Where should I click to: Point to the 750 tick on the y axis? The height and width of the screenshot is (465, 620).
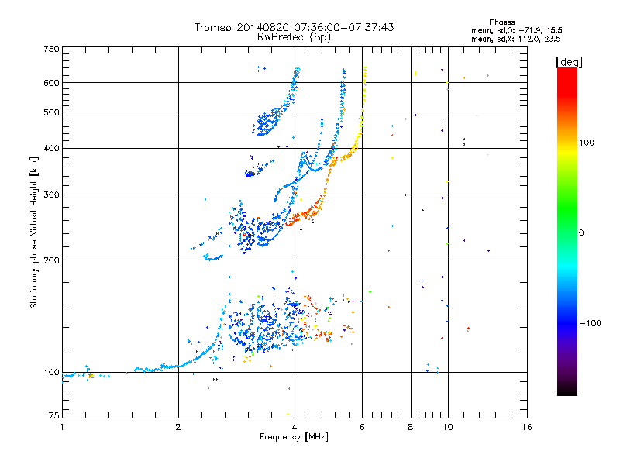point(51,49)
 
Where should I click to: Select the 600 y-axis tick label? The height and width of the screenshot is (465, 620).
point(51,83)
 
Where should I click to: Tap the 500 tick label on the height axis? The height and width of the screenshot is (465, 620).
point(51,112)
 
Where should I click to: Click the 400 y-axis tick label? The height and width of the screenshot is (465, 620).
point(51,148)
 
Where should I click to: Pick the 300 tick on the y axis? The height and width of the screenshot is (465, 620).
point(51,195)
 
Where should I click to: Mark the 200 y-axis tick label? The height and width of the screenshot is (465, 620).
point(51,260)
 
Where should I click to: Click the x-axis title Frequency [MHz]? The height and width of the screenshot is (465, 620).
point(294,438)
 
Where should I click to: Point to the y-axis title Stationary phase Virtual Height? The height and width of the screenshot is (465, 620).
point(34,232)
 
